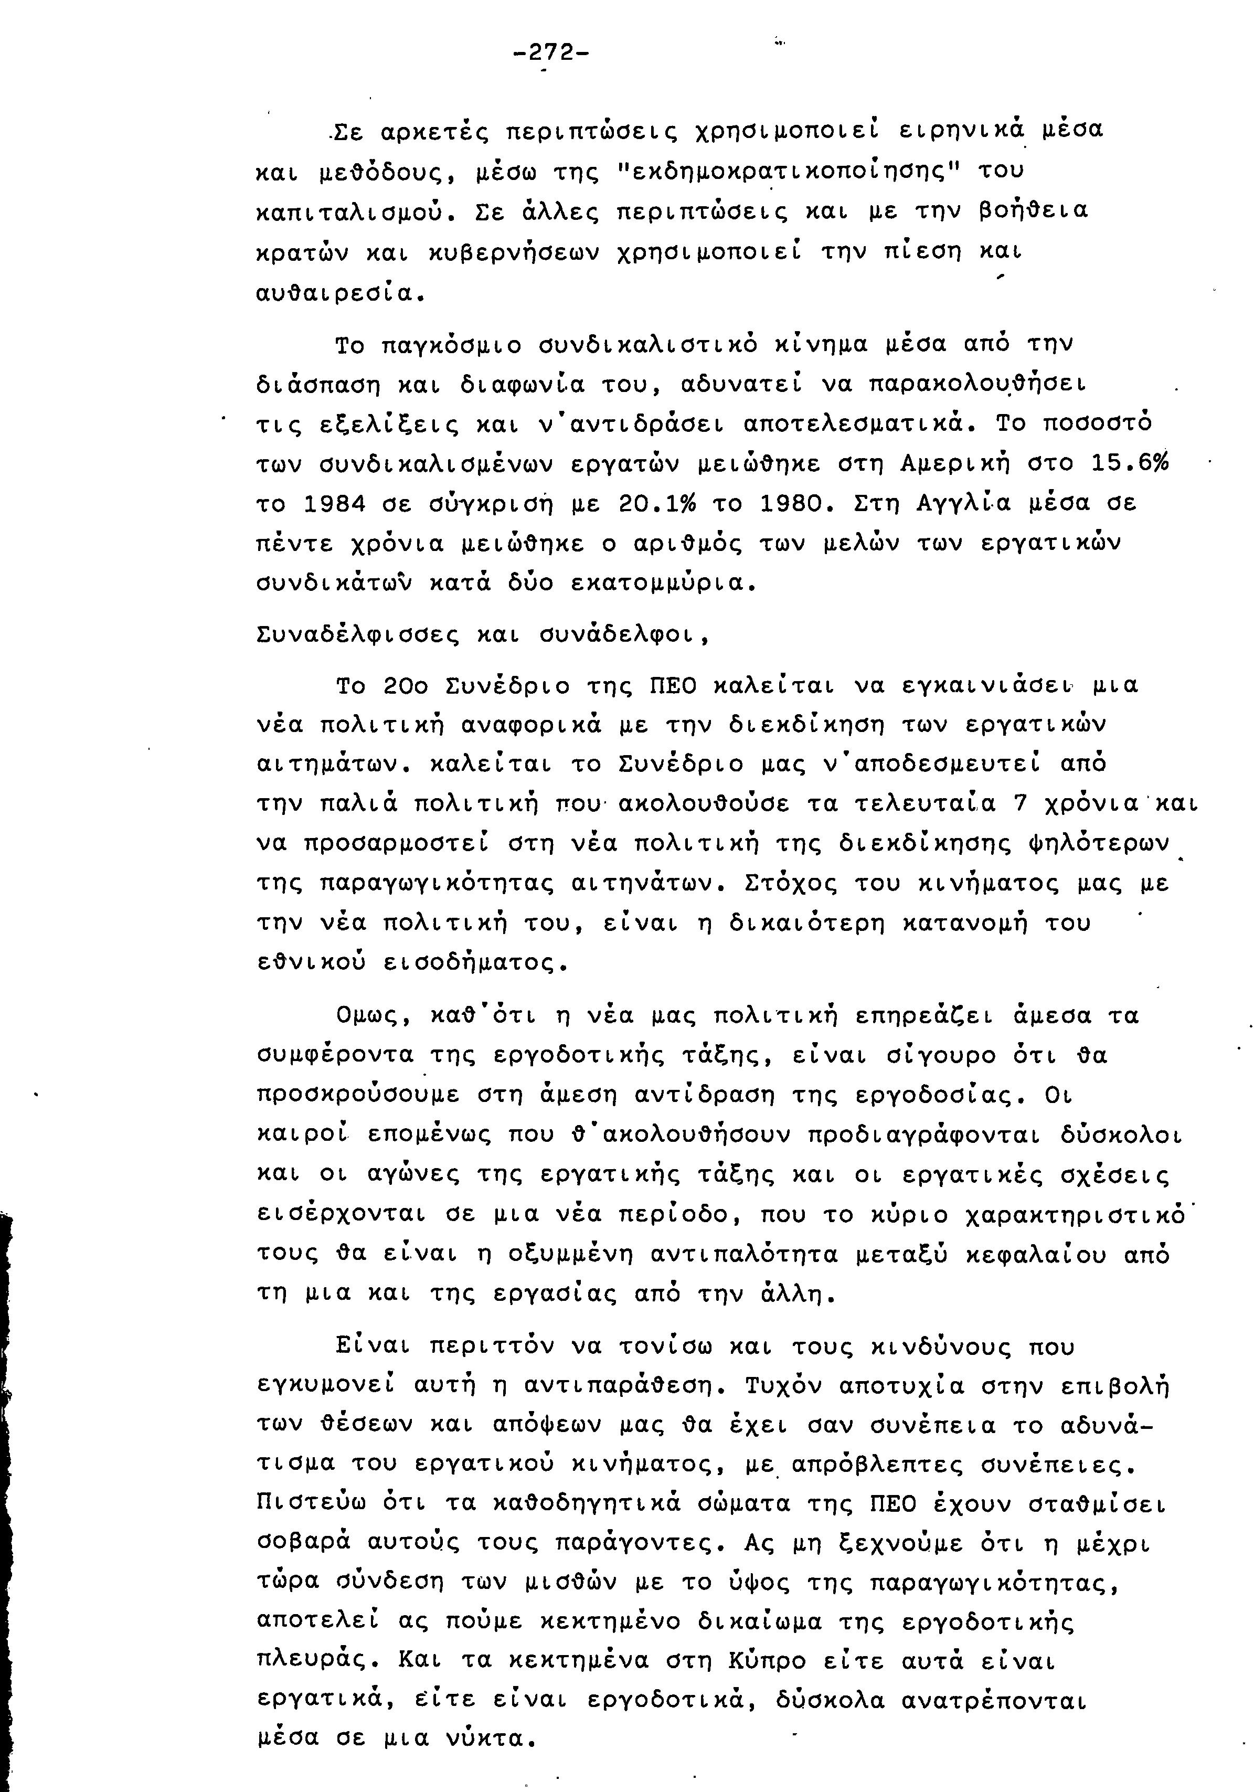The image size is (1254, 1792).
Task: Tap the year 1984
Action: pos(334,504)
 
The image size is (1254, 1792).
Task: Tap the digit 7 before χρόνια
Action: pos(1017,804)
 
